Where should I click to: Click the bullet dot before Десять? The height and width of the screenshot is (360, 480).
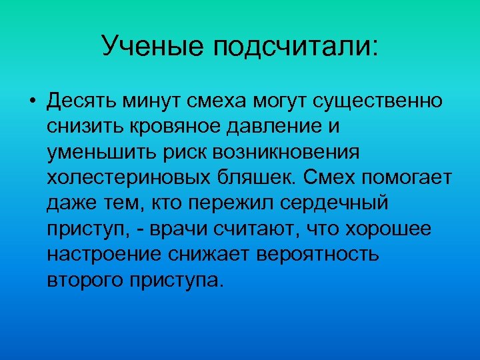32,102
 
